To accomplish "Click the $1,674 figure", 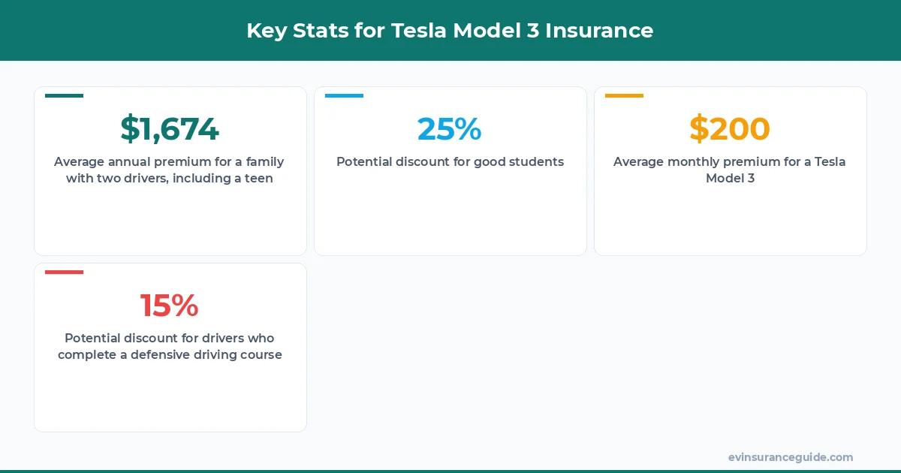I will (x=170, y=129).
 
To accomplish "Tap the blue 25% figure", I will (x=449, y=129).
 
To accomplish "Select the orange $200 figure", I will (x=730, y=129).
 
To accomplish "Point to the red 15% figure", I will (x=170, y=306).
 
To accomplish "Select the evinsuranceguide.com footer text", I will (x=791, y=457).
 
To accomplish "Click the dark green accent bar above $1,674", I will (x=64, y=95).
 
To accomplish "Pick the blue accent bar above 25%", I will (x=344, y=95).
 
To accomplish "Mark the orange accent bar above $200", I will (x=624, y=95).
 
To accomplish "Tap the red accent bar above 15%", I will (x=64, y=272).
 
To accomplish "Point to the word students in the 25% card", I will (x=535, y=161).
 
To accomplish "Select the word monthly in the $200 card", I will (x=690, y=161).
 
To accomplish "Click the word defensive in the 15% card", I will (x=158, y=354).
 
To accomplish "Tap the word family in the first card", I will (x=265, y=161).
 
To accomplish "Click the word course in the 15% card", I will (x=261, y=354).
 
